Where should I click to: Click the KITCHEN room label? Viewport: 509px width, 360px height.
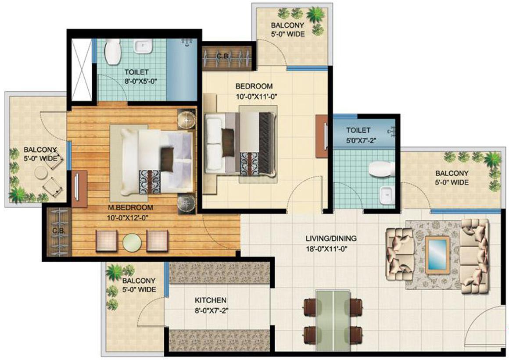coord(211,300)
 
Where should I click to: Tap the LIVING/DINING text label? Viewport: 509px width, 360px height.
coord(331,239)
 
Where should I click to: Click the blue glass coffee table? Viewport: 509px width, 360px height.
coord(437,255)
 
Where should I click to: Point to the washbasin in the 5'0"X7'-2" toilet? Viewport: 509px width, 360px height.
coord(385,194)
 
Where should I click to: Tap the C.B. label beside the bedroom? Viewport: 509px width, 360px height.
coord(222,56)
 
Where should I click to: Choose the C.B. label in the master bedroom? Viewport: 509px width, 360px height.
coord(56,231)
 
